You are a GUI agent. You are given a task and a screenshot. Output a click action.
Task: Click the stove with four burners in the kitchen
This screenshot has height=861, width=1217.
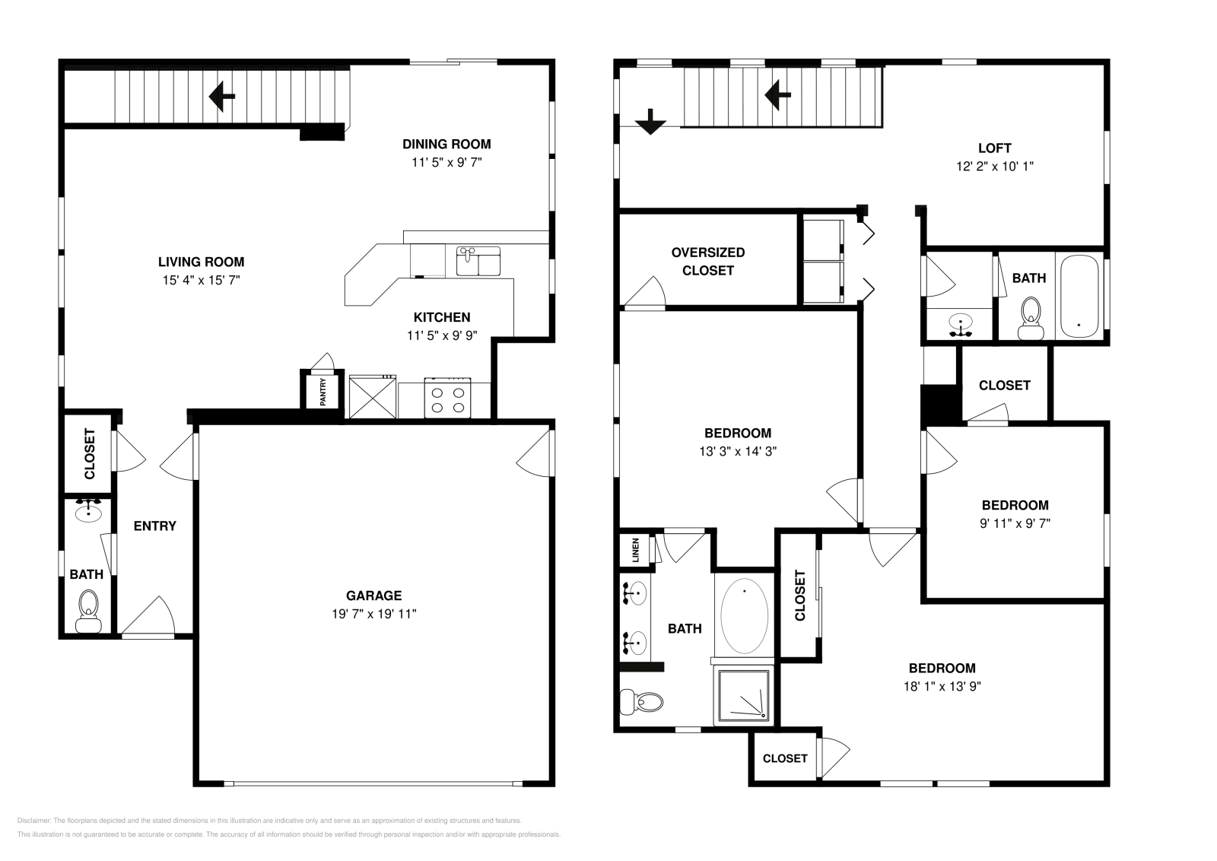[448, 399]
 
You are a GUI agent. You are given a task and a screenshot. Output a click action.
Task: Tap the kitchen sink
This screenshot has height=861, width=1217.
[478, 261]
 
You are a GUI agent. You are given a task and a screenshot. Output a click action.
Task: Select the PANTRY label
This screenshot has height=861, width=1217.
[323, 392]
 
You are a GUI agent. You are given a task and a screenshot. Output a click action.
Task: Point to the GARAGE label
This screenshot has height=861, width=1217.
[373, 596]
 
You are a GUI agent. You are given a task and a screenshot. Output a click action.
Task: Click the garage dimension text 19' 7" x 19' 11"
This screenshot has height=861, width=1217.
[373, 614]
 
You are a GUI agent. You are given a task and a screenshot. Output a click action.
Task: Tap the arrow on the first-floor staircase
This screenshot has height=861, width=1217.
[222, 97]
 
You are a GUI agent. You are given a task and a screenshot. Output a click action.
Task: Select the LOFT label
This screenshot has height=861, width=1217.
[994, 148]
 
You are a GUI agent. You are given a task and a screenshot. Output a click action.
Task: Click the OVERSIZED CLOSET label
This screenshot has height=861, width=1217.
[707, 261]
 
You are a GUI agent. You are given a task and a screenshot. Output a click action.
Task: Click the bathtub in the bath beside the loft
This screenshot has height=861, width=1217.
[1079, 297]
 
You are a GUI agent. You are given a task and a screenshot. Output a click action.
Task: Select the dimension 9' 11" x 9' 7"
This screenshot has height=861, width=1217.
[1015, 523]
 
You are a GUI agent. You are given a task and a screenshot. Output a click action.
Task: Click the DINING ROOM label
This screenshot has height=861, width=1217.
[446, 144]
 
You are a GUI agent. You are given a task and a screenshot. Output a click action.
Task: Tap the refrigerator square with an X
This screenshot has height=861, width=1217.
[373, 397]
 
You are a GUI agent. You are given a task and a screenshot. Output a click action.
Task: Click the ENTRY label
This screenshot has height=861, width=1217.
[154, 526]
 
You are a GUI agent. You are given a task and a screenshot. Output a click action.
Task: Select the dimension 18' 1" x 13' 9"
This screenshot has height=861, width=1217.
[942, 686]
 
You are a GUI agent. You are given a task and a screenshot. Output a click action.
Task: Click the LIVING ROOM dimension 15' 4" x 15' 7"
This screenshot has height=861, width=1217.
[201, 280]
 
